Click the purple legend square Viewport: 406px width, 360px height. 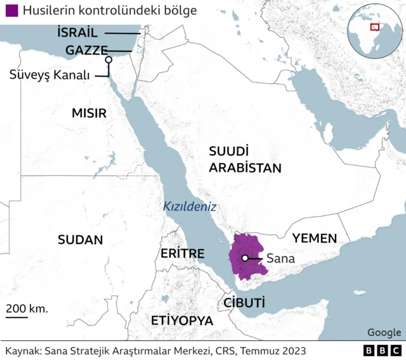click(x=11, y=11)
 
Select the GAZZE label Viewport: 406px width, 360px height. click(x=86, y=51)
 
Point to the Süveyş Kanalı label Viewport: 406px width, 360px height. click(x=50, y=75)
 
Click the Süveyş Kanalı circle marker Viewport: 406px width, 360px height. click(x=108, y=60)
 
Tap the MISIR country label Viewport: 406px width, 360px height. click(x=89, y=113)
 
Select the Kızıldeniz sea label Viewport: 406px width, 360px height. click(x=190, y=206)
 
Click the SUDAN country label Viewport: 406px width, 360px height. click(x=80, y=240)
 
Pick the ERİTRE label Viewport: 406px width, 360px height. click(x=182, y=254)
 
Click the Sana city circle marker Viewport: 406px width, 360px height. click(x=244, y=258)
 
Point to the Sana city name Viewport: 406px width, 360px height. click(x=280, y=259)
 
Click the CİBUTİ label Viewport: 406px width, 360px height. click(x=244, y=302)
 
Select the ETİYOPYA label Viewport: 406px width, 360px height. click(x=182, y=320)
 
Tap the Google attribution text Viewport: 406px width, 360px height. click(x=384, y=333)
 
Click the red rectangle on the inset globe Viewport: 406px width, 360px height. click(x=375, y=27)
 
